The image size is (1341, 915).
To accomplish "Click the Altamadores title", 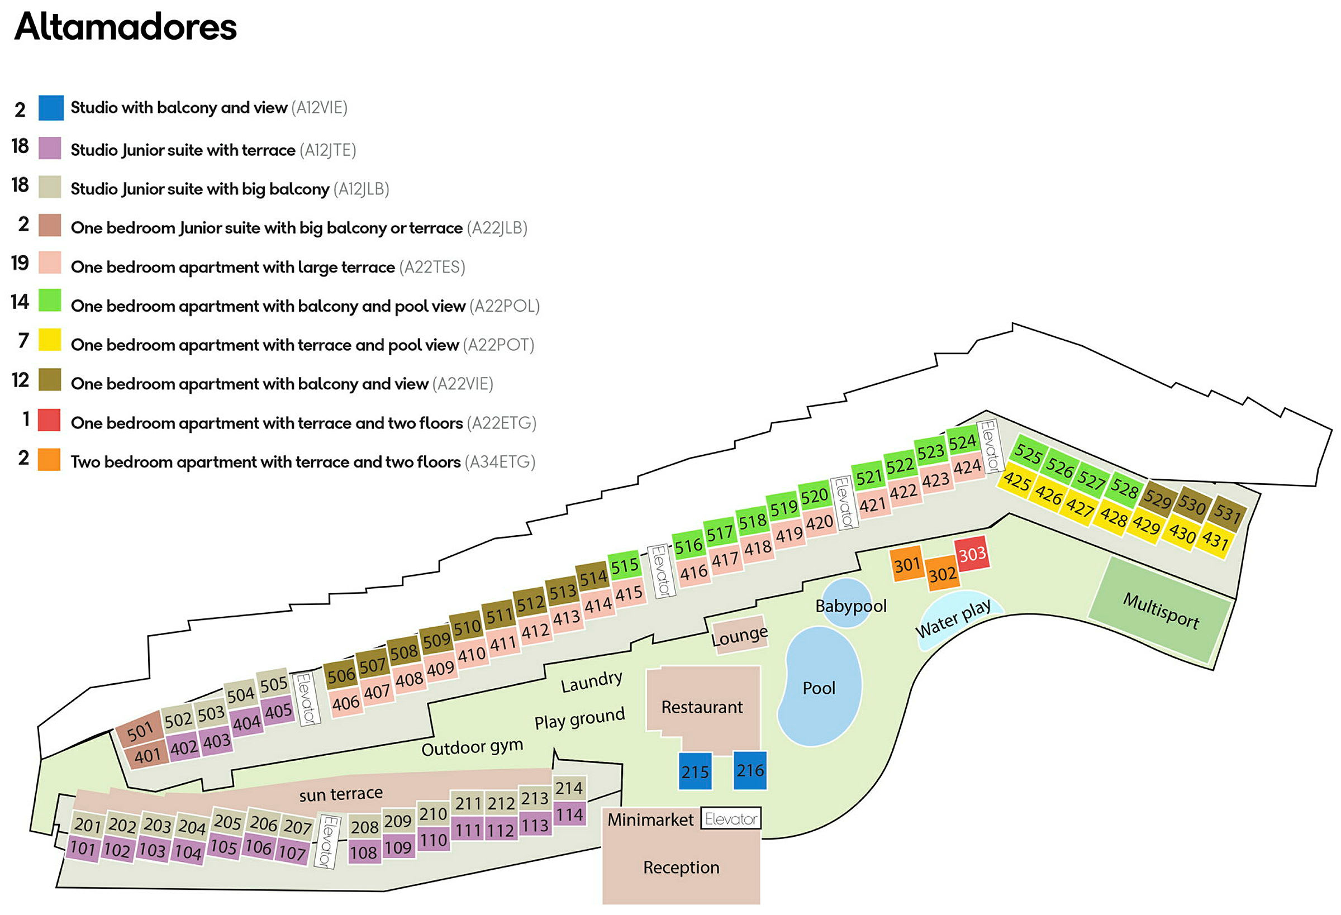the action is point(125,27).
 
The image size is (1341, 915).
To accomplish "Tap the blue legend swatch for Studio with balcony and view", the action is point(51,108).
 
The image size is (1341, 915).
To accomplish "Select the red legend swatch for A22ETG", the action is point(49,420).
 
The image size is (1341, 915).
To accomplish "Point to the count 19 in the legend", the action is point(20,263).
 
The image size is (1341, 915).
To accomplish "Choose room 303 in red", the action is point(972,554).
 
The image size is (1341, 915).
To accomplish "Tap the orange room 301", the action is point(907,564).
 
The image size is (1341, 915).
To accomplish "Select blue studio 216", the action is point(749,770).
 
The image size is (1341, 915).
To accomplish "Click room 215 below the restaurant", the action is point(695,771).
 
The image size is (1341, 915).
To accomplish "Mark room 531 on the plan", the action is point(1228,513).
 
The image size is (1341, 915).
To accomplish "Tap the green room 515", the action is point(624,565).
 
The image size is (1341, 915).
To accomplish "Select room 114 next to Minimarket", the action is point(569,814).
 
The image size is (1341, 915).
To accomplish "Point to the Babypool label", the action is point(850,606).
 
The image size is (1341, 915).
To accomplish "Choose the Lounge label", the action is point(739,636).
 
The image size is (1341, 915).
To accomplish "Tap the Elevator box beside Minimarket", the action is point(730,818).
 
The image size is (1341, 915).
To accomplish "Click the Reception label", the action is point(681,867).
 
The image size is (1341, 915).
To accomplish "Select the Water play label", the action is point(953,619).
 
